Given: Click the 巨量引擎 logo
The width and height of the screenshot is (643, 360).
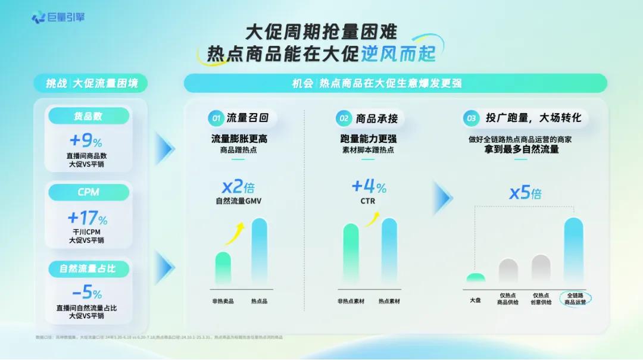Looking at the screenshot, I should click(58, 17).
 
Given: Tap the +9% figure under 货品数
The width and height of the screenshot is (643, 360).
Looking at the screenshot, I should click(86, 141).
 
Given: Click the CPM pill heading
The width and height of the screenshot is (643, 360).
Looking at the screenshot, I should click(88, 192).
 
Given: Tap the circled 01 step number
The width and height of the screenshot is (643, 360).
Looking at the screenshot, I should click(216, 118).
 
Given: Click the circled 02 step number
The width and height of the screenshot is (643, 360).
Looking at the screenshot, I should click(344, 118).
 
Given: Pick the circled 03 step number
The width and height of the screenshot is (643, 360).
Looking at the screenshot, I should click(472, 118).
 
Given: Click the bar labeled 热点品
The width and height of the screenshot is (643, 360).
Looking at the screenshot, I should click(260, 251).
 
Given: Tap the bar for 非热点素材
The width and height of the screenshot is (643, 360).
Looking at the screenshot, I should click(351, 253).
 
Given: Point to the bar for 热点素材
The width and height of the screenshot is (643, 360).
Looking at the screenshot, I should click(389, 251).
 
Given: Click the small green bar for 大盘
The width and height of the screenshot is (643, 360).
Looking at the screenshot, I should click(476, 278).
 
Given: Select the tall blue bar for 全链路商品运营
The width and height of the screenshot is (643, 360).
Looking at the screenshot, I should click(573, 250).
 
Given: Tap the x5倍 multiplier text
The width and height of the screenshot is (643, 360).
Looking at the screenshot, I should click(525, 193).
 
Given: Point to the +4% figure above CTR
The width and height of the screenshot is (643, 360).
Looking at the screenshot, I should click(369, 186).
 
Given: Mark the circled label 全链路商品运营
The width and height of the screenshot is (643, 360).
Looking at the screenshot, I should click(575, 298).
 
